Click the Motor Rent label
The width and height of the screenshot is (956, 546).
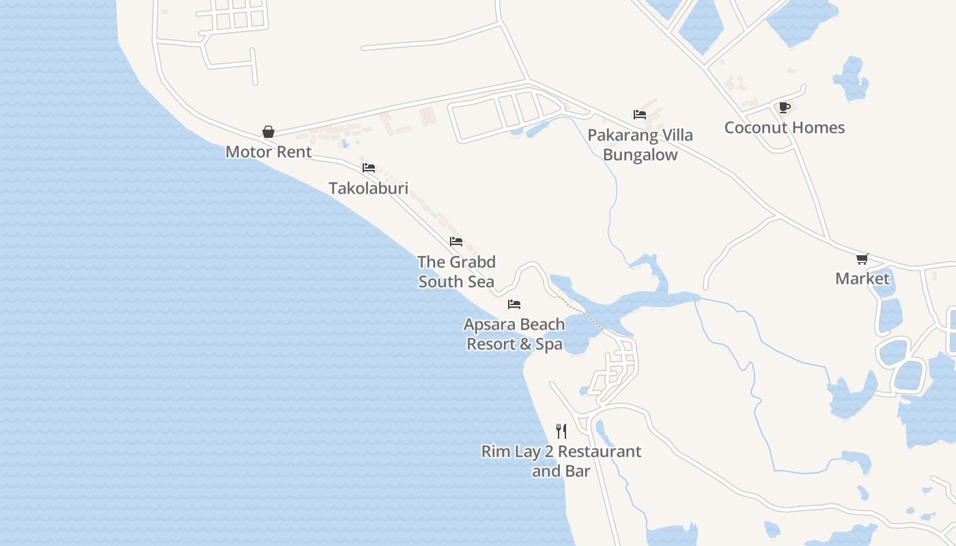point(268,152)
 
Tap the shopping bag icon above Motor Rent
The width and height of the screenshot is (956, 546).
point(268,132)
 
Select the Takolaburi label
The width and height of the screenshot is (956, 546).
point(368,188)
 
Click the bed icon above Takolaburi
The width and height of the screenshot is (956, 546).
point(369,167)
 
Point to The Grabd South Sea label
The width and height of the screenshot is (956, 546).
point(456,272)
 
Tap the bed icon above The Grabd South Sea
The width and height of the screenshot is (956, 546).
point(456,242)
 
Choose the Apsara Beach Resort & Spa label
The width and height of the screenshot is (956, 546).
point(514,334)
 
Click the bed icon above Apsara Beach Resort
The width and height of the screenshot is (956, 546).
point(514,304)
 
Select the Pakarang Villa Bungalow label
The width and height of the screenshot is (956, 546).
point(641,145)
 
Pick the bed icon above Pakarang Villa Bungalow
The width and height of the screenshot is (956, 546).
point(640,115)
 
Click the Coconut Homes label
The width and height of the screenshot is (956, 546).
point(785,128)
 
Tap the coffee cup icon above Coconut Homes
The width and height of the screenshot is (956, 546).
point(784,107)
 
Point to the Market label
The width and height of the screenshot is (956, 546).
point(862,278)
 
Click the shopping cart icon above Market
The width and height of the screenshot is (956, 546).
point(862,259)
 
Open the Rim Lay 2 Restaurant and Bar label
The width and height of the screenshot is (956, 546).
point(561,461)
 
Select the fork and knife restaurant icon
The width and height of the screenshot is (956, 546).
point(561,431)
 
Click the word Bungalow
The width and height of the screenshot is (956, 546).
point(641,155)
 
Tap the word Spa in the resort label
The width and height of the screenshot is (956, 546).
point(549,344)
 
